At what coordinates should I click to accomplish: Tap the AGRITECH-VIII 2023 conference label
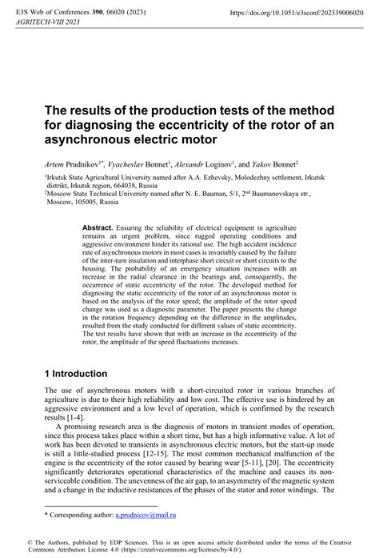pos(46,24)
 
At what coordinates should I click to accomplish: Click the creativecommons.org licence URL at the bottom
pos(207,551)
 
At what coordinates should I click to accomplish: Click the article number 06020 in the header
pos(121,14)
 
